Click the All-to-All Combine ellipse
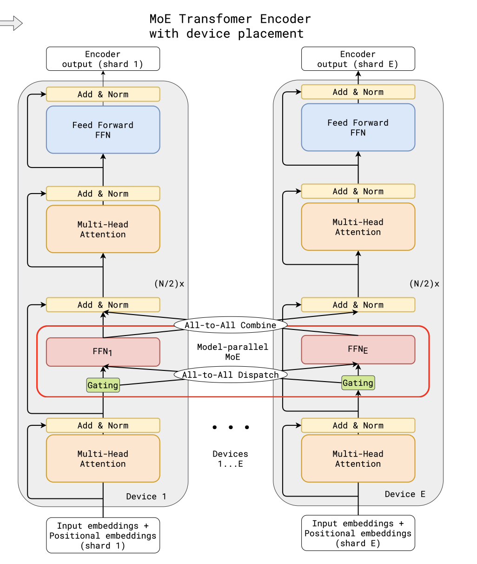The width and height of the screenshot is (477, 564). click(x=230, y=325)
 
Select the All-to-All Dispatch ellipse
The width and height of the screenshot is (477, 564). click(x=230, y=375)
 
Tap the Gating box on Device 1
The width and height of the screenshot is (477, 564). click(x=103, y=385)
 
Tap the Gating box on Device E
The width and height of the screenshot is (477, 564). click(x=358, y=383)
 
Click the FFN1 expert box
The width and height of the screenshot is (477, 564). click(x=103, y=352)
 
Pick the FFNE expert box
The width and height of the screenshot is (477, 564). click(x=358, y=349)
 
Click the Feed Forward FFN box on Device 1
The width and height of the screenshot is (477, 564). click(x=103, y=130)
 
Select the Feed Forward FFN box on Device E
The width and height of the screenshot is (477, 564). click(x=358, y=128)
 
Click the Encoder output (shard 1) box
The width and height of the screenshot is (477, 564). click(x=103, y=59)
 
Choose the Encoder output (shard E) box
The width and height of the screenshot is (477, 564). click(x=358, y=59)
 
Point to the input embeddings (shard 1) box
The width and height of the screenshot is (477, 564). click(x=103, y=536)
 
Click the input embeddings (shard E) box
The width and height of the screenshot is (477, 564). click(x=358, y=533)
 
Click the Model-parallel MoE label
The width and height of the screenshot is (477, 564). click(x=232, y=352)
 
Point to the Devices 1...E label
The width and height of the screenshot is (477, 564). click(x=230, y=459)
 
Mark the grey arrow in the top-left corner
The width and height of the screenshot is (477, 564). click(x=11, y=23)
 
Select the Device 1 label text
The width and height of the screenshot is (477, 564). click(x=146, y=497)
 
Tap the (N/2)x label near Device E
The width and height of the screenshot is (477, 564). click(x=424, y=284)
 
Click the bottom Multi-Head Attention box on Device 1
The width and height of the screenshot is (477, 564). click(x=103, y=459)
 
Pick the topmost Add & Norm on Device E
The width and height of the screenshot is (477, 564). click(x=358, y=92)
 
